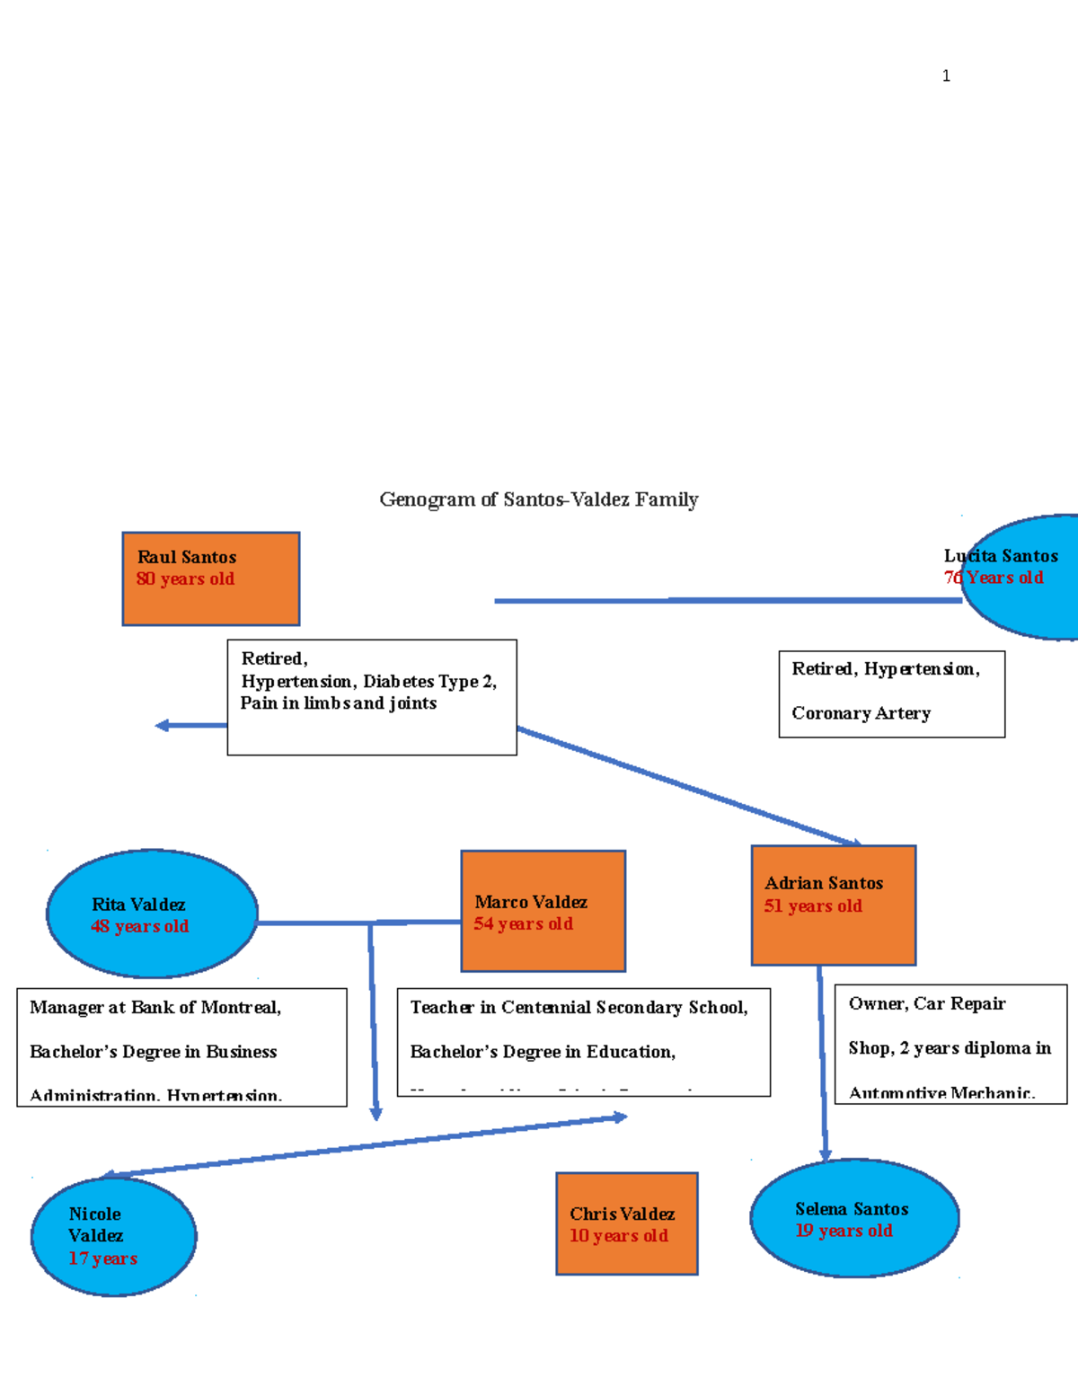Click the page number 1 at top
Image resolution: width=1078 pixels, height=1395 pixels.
click(946, 76)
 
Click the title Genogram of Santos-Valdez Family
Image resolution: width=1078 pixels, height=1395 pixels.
click(538, 499)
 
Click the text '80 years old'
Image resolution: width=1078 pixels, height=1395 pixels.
click(185, 579)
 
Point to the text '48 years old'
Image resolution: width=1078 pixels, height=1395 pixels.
click(139, 926)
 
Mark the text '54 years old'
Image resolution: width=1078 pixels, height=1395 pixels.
click(523, 923)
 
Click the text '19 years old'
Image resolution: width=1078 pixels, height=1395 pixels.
click(844, 1231)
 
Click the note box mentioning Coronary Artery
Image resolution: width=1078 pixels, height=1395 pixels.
click(891, 693)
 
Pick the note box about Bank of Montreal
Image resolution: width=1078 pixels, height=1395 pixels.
click(181, 1046)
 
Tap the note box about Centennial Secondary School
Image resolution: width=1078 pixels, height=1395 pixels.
click(583, 1042)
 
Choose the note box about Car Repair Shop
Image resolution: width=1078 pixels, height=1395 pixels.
click(950, 1044)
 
